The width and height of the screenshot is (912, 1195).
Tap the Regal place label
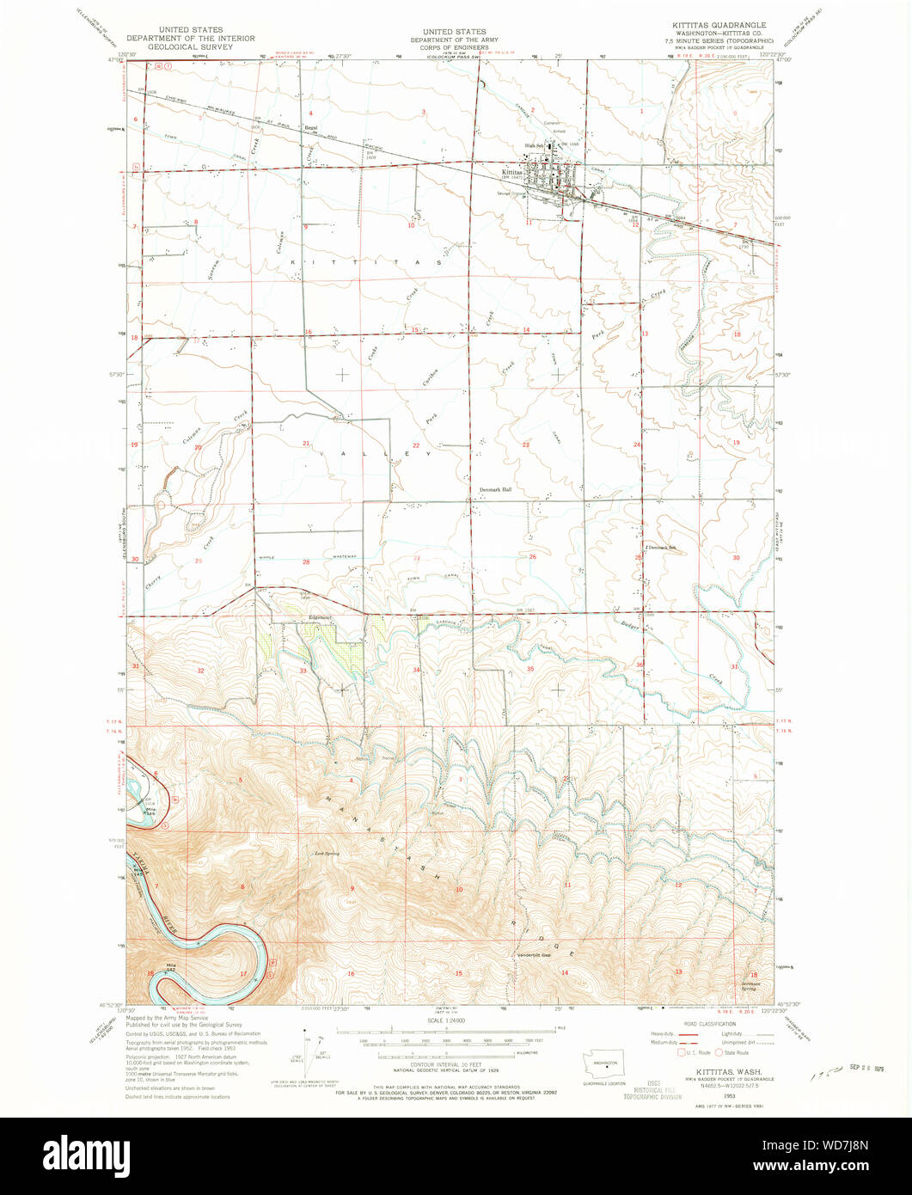(x=312, y=129)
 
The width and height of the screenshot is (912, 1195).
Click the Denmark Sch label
(x=660, y=548)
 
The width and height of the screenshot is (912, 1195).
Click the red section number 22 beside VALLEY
(x=416, y=445)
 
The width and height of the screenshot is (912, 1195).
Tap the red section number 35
(x=529, y=668)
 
